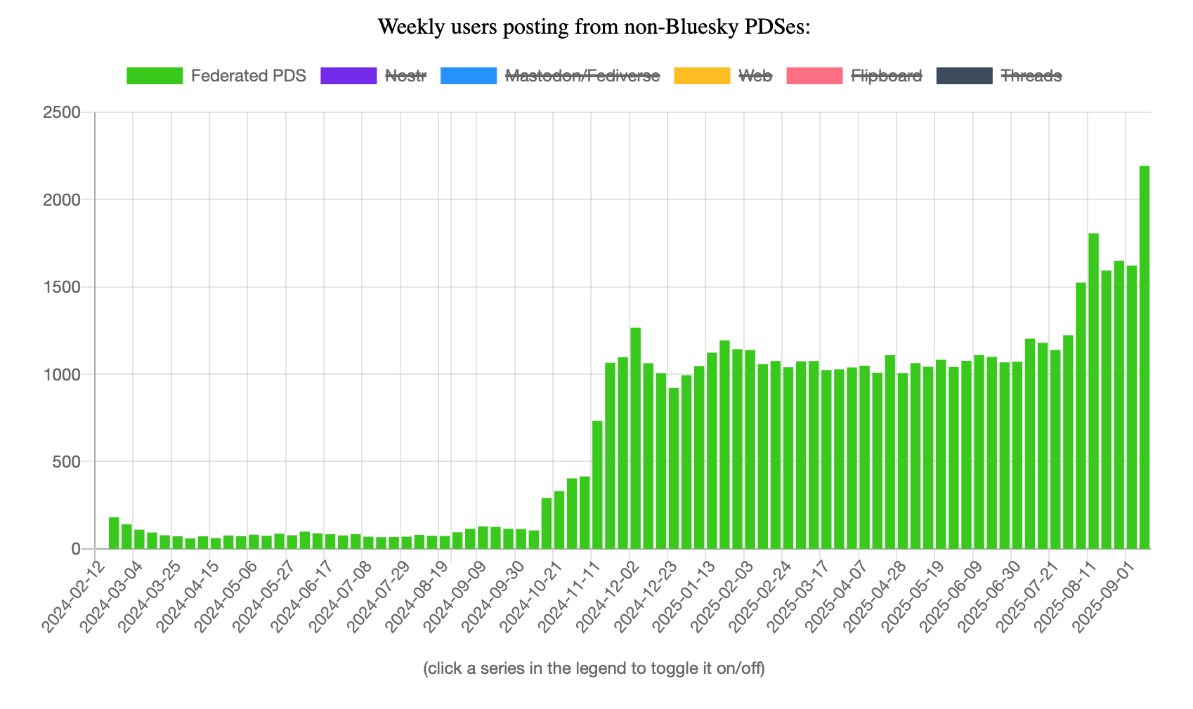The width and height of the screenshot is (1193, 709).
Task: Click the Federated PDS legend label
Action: (248, 76)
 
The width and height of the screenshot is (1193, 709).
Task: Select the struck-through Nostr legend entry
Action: (405, 76)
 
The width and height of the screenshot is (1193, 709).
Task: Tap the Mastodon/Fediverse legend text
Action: (582, 76)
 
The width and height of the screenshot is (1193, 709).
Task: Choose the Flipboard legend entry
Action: (886, 76)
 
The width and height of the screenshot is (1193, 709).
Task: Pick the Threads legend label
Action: (1031, 76)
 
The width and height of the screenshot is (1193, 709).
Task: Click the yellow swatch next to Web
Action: (702, 76)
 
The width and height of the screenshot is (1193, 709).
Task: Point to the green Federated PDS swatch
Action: (155, 76)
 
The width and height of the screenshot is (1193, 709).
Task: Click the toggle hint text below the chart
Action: (594, 668)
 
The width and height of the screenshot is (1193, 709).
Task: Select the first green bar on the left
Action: (114, 533)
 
